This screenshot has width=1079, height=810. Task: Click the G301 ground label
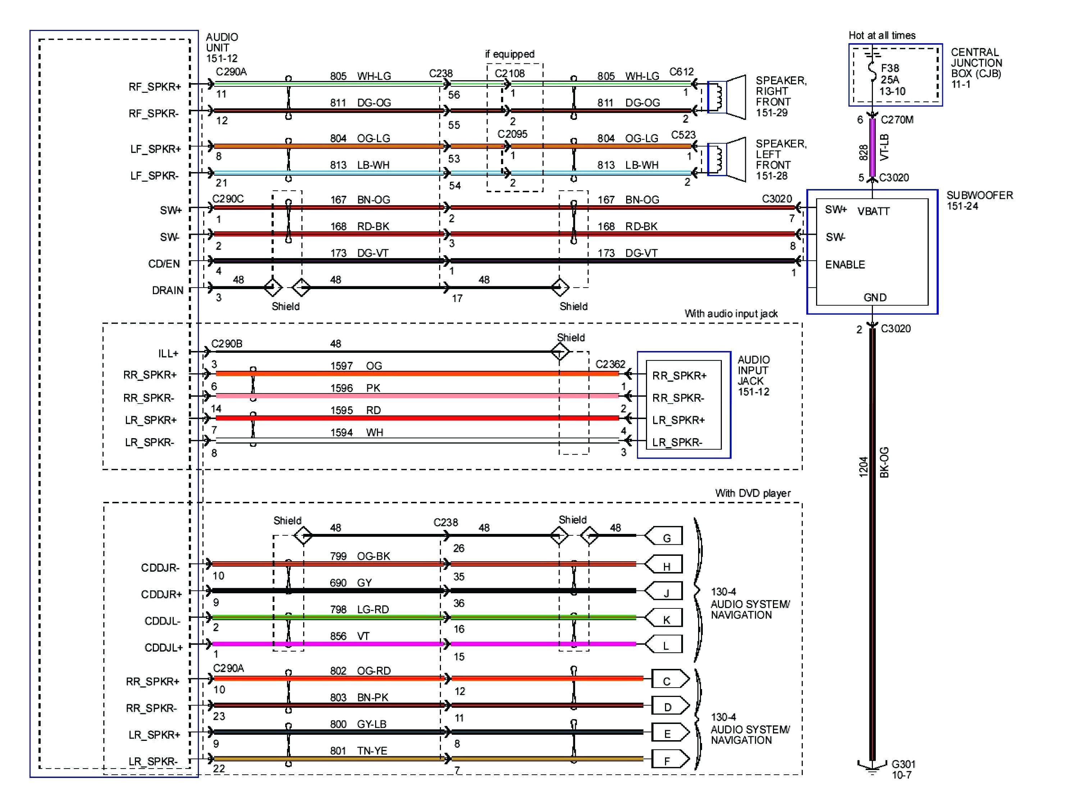(x=903, y=769)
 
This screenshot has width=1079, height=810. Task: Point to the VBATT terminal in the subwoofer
(x=873, y=211)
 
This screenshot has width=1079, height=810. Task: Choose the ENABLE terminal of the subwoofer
(x=845, y=265)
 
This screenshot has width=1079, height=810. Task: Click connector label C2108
(x=509, y=73)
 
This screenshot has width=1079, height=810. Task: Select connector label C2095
(x=512, y=134)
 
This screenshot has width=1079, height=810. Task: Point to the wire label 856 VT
(x=349, y=636)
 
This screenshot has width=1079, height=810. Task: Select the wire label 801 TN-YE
(x=358, y=751)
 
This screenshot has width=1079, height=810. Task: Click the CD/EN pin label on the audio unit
(x=164, y=264)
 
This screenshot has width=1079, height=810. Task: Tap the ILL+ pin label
(x=168, y=353)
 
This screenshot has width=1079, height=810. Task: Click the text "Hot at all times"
(x=882, y=35)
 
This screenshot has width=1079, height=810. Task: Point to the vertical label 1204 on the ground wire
(x=863, y=467)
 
